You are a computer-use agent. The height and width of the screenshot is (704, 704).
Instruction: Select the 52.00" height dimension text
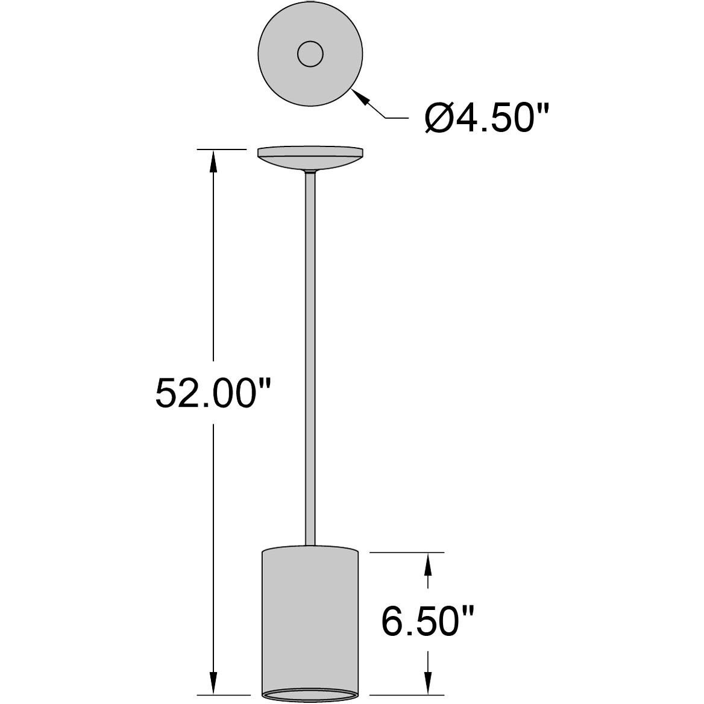click(x=210, y=392)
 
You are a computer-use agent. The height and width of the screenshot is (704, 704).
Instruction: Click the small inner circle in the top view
click(x=310, y=55)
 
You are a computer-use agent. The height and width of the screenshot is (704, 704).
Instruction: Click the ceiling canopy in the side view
click(x=310, y=158)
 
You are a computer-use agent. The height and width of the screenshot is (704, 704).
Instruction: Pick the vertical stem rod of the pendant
click(x=310, y=362)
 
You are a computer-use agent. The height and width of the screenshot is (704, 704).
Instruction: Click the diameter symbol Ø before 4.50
click(x=439, y=119)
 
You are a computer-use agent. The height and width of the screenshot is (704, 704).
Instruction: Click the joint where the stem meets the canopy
click(x=310, y=172)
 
